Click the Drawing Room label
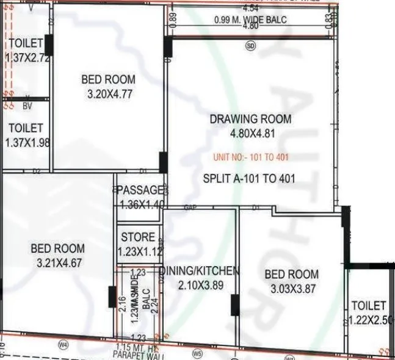click(250, 119)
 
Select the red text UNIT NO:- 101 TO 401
click(251, 157)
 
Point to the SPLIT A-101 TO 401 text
click(249, 179)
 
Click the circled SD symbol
click(250, 46)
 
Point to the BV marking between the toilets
click(26, 106)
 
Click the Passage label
click(140, 190)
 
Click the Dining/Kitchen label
click(200, 271)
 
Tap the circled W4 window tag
click(62, 345)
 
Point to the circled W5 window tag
click(197, 352)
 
